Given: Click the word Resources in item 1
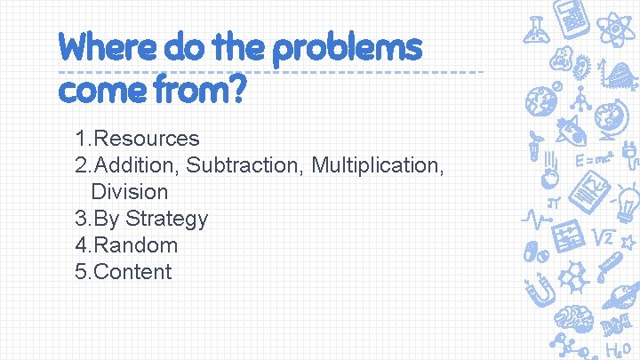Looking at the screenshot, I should tap(146, 139).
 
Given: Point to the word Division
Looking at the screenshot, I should tap(129, 192).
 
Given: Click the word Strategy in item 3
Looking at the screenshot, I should tap(166, 219).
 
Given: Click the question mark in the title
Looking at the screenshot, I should tap(234, 89).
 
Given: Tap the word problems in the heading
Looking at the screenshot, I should tap(347, 48).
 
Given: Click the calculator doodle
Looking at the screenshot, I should tap(572, 16).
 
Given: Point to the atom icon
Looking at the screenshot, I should tap(615, 28).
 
